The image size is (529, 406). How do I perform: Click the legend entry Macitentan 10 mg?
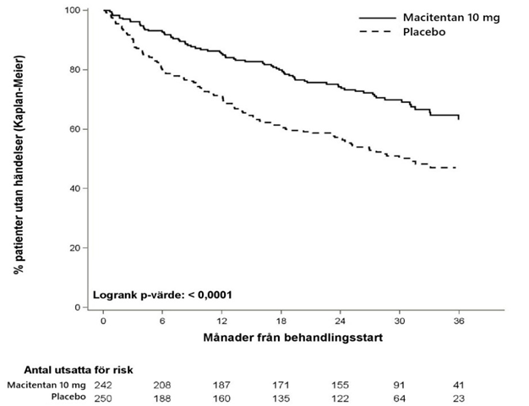(444, 17)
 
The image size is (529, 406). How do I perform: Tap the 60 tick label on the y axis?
(74, 129)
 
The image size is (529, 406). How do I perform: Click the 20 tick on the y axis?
(74, 248)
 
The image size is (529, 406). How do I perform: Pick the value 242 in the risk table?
(105, 385)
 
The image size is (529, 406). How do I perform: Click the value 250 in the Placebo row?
(105, 397)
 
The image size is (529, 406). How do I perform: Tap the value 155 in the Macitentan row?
(341, 385)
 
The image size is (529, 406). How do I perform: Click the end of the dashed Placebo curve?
(456, 168)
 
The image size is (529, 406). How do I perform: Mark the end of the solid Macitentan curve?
(459, 120)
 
